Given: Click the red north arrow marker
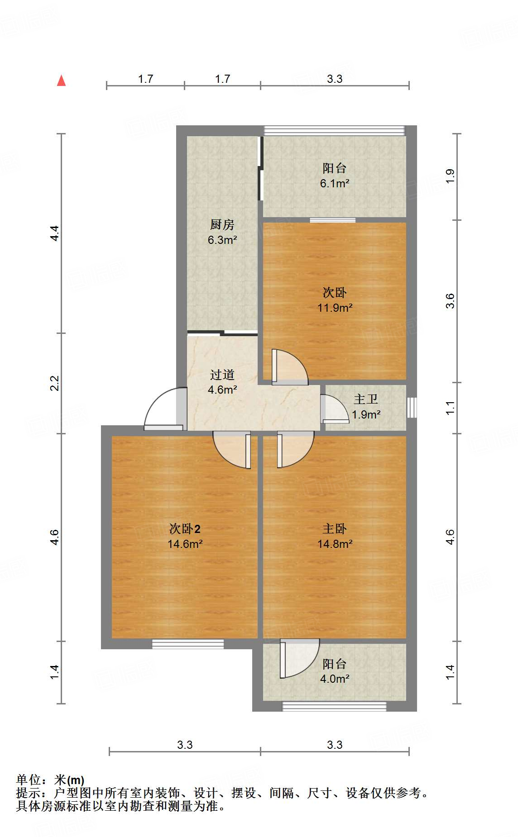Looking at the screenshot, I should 61,81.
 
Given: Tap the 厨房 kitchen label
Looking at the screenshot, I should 222,224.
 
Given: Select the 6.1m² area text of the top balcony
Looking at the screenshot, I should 334,183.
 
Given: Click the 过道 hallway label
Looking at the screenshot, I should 222,375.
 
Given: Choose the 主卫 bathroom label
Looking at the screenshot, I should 365,399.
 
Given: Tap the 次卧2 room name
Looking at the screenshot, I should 185,528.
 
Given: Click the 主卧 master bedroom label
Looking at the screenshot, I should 335,528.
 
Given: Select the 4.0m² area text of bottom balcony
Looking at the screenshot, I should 334,679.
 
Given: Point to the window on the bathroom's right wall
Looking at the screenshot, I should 411,407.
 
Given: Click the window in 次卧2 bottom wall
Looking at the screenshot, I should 188,644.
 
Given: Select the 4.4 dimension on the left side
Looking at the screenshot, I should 55,233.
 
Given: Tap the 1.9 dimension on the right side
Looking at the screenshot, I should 450,176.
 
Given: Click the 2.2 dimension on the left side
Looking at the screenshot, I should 55,383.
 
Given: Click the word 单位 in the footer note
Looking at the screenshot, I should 28,780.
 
